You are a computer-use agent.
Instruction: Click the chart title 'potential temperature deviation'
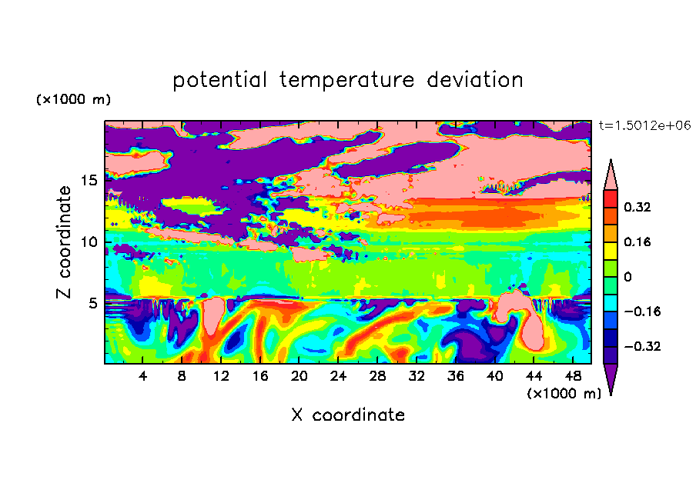tap(347, 80)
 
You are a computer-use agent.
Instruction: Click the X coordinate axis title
tap(348, 415)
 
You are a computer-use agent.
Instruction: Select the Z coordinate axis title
tap(64, 242)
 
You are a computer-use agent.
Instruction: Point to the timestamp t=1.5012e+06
tap(644, 125)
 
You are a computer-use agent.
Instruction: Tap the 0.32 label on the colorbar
tap(637, 207)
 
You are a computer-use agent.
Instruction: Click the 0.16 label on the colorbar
tap(637, 242)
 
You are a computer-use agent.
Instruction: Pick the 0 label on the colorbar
tap(627, 277)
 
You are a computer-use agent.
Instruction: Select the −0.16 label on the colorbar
tap(642, 311)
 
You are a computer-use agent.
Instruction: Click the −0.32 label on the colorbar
tap(642, 346)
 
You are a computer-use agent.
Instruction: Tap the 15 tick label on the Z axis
tap(89, 181)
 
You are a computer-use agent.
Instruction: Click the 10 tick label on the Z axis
tap(89, 242)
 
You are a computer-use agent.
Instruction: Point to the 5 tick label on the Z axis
tap(92, 303)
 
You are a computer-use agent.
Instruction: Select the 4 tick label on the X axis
tap(142, 376)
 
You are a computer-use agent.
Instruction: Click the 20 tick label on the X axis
tap(299, 376)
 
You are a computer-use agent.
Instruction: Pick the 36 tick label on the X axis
tap(456, 376)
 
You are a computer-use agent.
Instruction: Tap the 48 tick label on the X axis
tap(573, 376)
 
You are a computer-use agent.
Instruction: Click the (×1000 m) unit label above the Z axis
tap(73, 99)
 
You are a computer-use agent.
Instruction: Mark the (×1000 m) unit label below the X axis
tap(564, 394)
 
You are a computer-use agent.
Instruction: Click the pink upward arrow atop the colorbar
tap(611, 175)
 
